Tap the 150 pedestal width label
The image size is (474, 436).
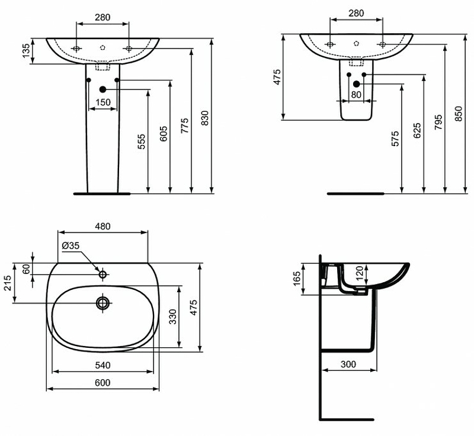103,102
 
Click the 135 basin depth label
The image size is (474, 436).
26,51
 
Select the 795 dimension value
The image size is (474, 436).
438,121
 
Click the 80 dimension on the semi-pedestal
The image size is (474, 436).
356,93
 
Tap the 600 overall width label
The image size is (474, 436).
103,383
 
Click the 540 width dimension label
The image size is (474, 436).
103,365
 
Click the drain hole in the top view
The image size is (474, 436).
103,303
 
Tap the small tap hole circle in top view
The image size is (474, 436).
103,274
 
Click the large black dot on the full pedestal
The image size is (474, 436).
103,89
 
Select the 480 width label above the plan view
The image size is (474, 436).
103,226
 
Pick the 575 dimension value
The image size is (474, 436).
396,138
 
